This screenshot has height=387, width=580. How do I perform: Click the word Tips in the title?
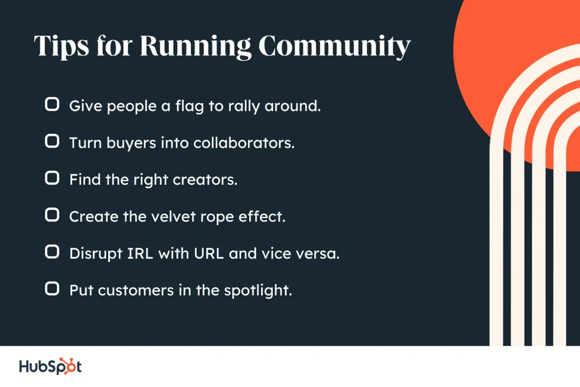pos(61,46)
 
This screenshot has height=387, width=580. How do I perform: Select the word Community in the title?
pos(335,46)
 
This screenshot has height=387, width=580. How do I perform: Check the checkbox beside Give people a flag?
pos(52,104)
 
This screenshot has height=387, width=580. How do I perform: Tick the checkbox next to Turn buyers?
pos(52,141)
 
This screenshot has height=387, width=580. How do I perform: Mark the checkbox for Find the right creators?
pos(52,178)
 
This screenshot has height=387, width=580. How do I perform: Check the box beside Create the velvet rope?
pos(52,215)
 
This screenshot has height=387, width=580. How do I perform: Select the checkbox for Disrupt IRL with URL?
pos(52,252)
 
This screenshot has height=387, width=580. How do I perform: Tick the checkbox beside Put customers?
pos(52,289)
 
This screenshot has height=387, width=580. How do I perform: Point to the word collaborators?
pos(244,142)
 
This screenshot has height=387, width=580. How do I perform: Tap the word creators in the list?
pos(205,180)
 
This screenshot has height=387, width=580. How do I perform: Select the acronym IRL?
pos(140,254)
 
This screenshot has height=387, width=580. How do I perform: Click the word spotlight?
pos(258,291)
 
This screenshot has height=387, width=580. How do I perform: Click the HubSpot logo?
pos(51,366)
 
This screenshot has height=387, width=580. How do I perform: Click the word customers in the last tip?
pos(136,291)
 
